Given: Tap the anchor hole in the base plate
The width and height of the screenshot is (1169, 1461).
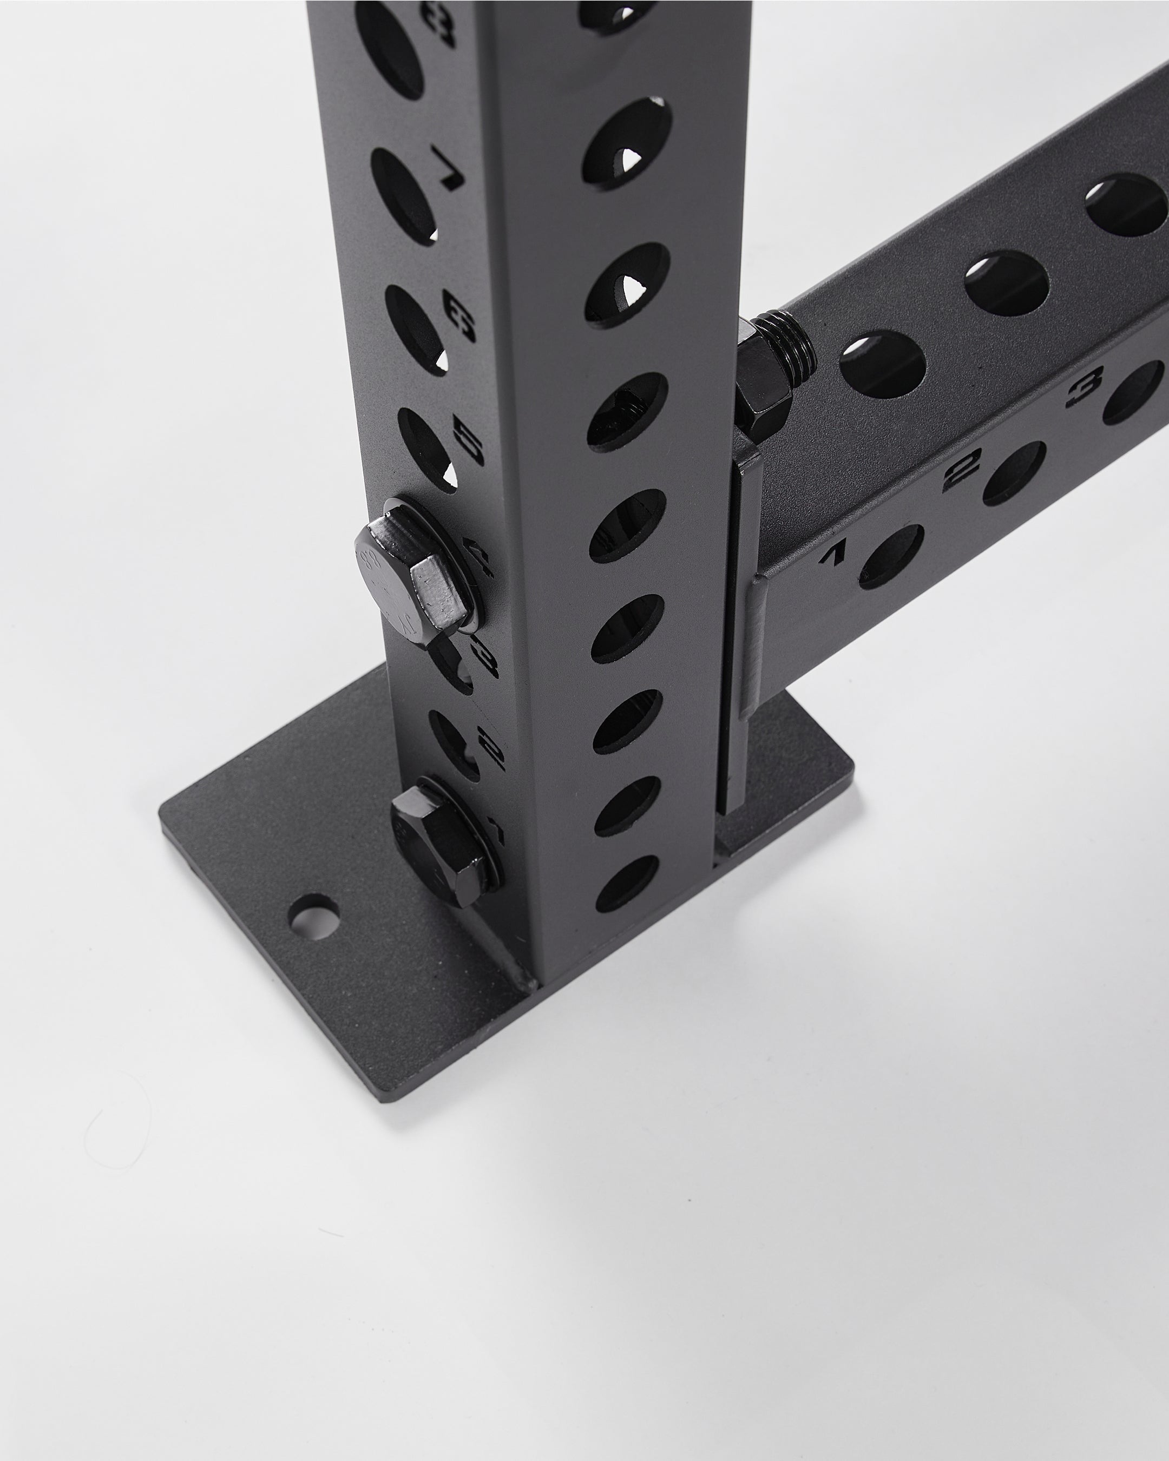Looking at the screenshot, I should click(314, 918).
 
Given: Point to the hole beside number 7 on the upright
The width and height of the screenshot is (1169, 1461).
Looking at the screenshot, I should click(403, 195).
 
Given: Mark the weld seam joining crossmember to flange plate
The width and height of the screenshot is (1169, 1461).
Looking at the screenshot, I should click(753, 644).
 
